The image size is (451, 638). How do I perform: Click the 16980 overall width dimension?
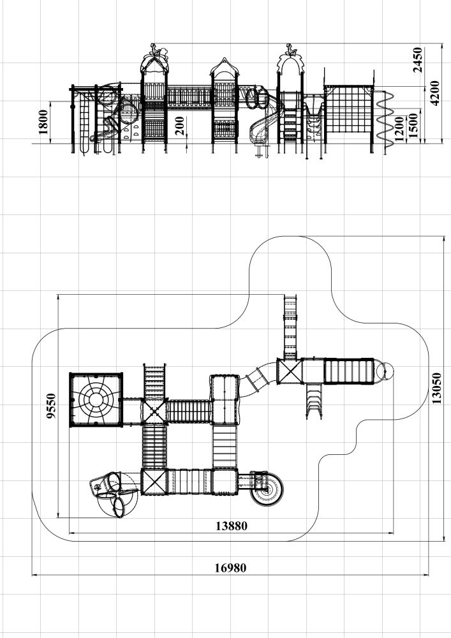click(x=230, y=568)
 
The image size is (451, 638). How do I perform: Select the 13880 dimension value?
click(x=231, y=526)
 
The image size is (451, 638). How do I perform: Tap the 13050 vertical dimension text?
click(x=437, y=388)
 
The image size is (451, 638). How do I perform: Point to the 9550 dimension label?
click(x=51, y=406)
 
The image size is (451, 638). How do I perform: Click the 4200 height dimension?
click(x=434, y=93)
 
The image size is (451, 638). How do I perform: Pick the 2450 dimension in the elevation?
click(x=418, y=60)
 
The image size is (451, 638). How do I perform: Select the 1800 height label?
click(x=43, y=122)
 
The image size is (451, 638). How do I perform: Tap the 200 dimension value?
click(x=179, y=126)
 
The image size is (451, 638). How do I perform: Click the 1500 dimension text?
click(x=413, y=126)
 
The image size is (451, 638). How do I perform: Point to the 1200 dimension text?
click(x=399, y=130)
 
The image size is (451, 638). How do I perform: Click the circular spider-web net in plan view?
click(x=96, y=399)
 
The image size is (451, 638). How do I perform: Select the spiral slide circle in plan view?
click(x=267, y=489)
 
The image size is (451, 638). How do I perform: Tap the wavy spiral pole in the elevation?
click(x=385, y=120)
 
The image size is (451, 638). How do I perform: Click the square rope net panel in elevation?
click(x=349, y=109)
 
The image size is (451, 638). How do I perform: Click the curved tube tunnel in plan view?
click(x=258, y=379)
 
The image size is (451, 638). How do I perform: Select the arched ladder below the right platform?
click(x=314, y=401)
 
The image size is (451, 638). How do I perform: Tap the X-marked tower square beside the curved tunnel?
click(x=290, y=371)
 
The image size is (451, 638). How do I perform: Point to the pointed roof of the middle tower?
click(x=224, y=66)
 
